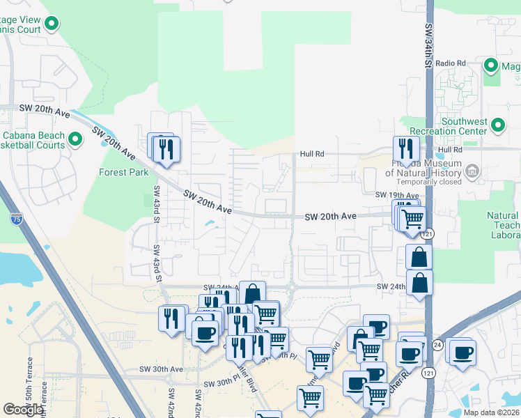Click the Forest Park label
pos(123,172)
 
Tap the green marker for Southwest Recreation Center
pos(498,125)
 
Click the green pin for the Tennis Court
pos(52,26)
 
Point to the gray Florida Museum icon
pos(472,171)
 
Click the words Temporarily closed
pos(424,182)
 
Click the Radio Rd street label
pos(451,63)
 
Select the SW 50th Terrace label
pos(29,380)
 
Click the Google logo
pos(23,410)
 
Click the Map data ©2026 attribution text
pos(490,412)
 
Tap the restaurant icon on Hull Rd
pos(403,148)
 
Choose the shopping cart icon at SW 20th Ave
pos(413,218)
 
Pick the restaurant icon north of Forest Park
pos(166,149)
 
